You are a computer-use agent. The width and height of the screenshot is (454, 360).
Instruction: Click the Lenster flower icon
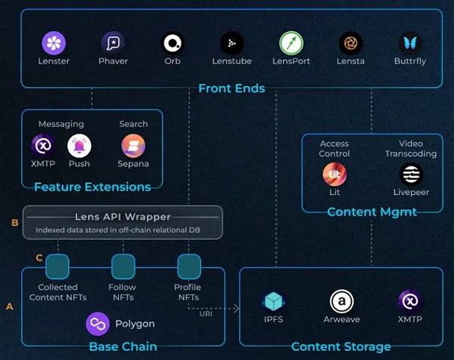click(x=54, y=42)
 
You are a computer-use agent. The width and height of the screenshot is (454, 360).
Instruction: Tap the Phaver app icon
click(x=113, y=42)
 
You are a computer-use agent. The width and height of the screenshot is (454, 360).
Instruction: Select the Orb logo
click(x=173, y=42)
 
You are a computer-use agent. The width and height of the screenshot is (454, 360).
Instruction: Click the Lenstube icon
click(x=231, y=42)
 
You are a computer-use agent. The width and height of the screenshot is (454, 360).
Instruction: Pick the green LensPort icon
click(x=291, y=42)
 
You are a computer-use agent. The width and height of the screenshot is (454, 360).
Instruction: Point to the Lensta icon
click(x=350, y=42)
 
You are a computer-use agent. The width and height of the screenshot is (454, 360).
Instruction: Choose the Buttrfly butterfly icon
click(x=410, y=42)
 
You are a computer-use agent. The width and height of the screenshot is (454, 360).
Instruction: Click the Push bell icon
click(x=79, y=145)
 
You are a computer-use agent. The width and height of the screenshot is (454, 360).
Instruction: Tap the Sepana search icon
click(x=133, y=145)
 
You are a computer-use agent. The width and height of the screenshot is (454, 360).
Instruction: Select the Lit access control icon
click(x=334, y=175)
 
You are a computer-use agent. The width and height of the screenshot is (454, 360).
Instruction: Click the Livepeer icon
click(x=411, y=175)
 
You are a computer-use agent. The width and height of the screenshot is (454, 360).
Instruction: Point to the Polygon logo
click(x=98, y=324)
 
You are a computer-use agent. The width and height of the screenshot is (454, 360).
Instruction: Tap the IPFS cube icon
click(x=272, y=302)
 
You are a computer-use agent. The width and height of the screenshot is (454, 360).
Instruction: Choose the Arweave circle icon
click(x=341, y=301)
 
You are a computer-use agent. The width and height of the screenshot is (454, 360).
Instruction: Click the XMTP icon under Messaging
click(x=42, y=145)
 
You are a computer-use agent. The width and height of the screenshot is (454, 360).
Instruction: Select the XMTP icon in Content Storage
click(x=409, y=301)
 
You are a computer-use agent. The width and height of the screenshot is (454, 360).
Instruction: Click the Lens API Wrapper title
click(x=123, y=217)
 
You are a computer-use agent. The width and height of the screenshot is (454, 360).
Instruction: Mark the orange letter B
click(x=14, y=222)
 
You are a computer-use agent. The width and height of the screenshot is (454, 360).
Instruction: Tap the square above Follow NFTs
click(x=123, y=265)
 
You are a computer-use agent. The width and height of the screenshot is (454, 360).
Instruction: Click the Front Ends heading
click(x=231, y=88)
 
